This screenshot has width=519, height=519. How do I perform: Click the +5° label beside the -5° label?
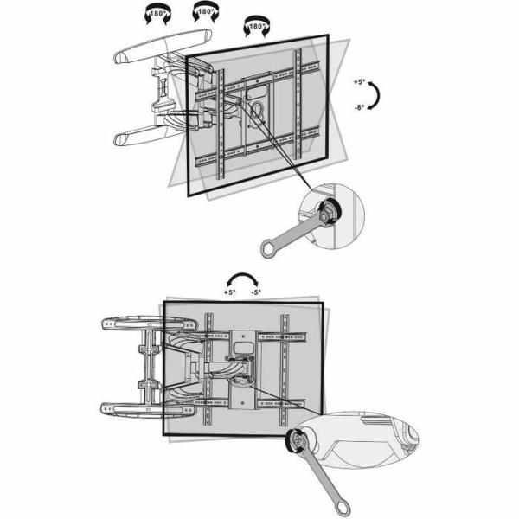pyautogui.click(x=228, y=293)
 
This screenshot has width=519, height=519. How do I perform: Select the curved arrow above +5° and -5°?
pyautogui.click(x=242, y=279)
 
